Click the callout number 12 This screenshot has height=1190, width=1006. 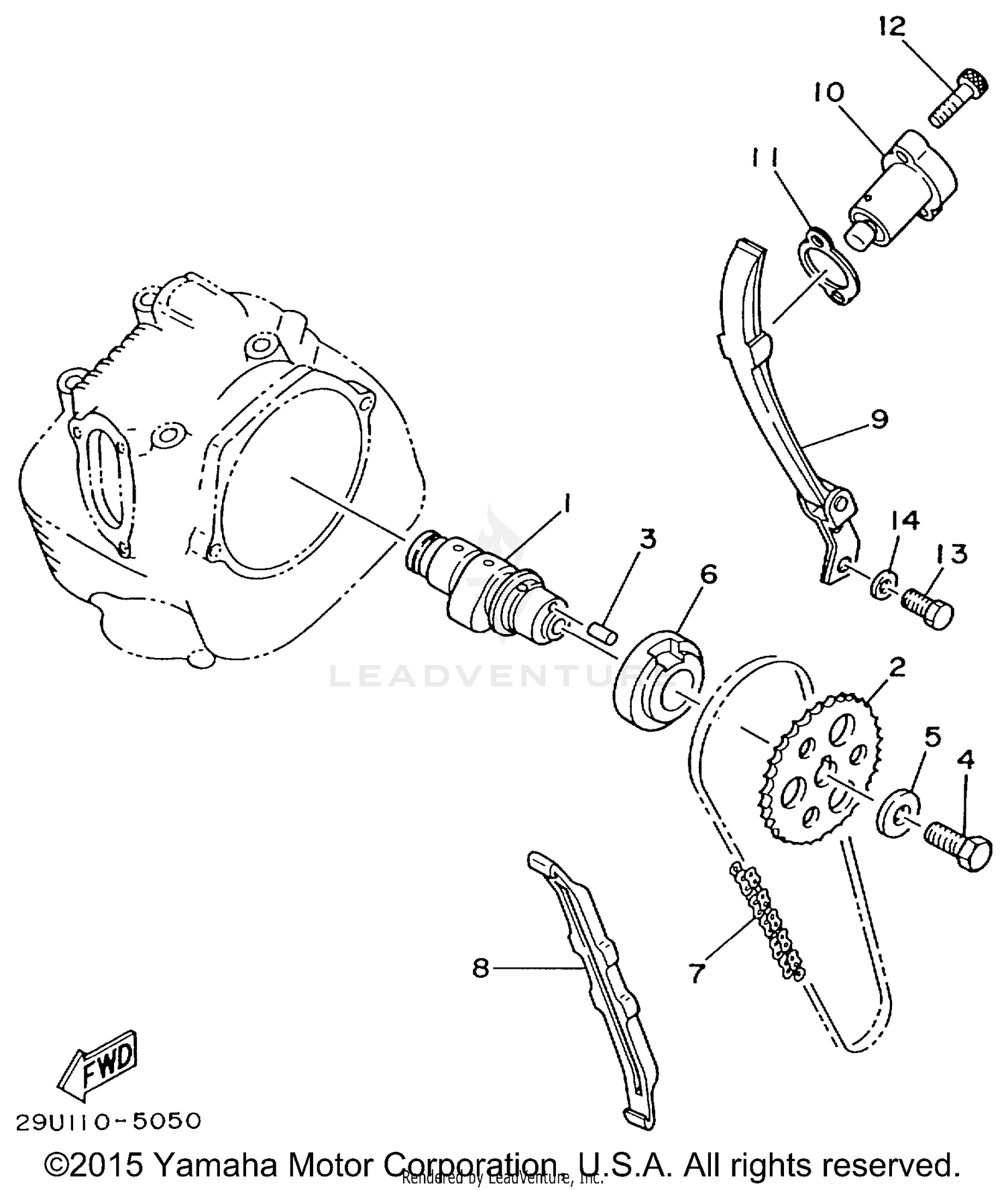click(891, 26)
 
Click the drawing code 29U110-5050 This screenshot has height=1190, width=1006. click(108, 1121)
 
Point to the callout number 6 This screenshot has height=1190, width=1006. click(708, 574)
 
